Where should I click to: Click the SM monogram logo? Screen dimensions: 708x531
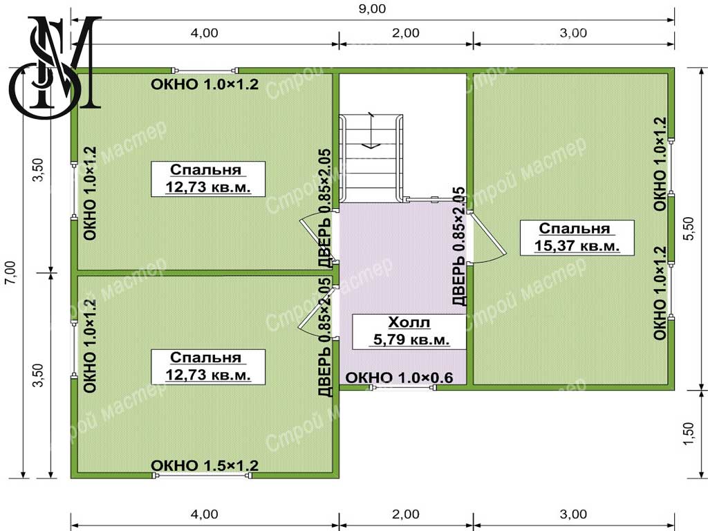point(55,68)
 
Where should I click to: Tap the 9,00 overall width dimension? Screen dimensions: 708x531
point(372,9)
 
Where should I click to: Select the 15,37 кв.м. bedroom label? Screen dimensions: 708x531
point(577,238)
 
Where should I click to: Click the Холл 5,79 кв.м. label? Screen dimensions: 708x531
point(409,331)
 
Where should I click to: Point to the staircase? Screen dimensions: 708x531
point(371,158)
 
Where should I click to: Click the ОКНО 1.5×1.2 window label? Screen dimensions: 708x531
point(205,465)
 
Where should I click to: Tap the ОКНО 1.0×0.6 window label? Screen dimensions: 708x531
point(399,378)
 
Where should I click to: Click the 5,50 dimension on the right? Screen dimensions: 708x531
point(689,228)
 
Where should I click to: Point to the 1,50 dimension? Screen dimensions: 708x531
point(689,434)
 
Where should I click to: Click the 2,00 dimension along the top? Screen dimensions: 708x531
point(405,33)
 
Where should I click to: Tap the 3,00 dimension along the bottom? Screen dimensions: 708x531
point(573,514)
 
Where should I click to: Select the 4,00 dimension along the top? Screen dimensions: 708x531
point(204,33)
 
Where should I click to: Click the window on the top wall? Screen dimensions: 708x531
point(205,71)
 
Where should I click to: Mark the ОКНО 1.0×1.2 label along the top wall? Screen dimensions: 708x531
point(205,84)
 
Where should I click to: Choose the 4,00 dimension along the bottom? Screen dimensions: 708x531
point(204,514)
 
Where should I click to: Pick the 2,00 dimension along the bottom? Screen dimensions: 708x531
point(405,514)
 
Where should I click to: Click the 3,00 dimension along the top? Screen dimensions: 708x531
point(573,33)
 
